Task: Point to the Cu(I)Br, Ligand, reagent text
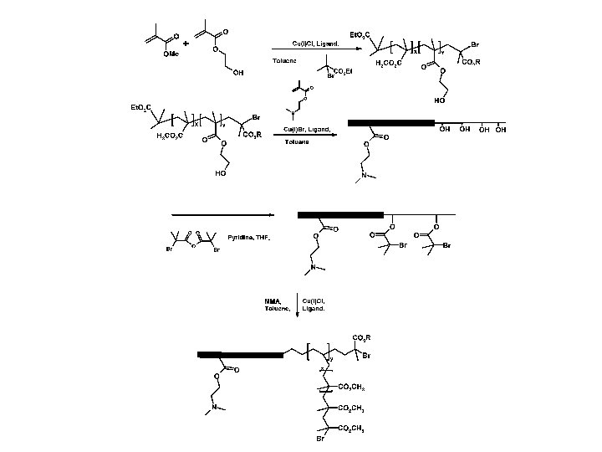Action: point(307,129)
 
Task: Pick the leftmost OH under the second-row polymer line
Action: point(444,131)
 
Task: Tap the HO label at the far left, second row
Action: point(220,173)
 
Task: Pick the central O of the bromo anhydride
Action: point(191,245)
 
